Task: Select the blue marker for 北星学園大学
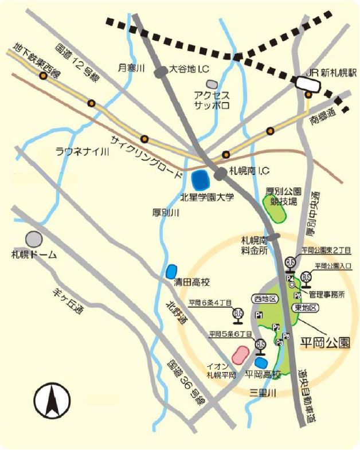click(x=200, y=181)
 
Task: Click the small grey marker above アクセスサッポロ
click(x=212, y=84)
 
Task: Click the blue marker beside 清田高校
click(x=171, y=271)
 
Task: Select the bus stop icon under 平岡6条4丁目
click(x=237, y=314)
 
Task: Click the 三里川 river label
click(x=263, y=393)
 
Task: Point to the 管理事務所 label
click(x=326, y=295)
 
